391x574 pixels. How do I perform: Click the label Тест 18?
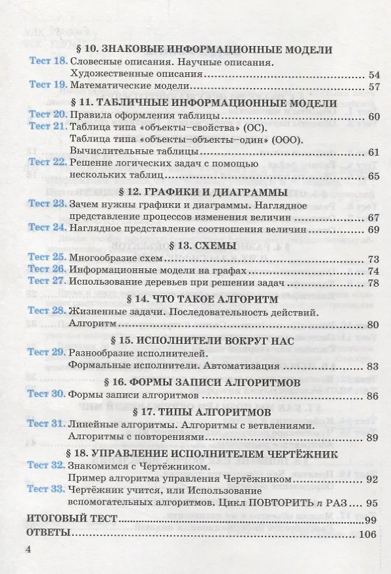(48, 62)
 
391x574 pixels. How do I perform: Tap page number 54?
(375, 74)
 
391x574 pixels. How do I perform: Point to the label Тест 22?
(48, 162)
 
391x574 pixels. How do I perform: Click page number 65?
(375, 176)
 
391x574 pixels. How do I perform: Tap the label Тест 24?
(48, 228)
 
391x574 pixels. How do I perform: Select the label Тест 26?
(48, 270)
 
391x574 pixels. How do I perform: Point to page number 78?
(375, 283)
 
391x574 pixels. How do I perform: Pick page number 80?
(375, 324)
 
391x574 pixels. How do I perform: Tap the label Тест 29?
(48, 353)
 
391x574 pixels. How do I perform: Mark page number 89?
(375, 437)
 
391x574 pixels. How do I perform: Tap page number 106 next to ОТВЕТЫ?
(368, 533)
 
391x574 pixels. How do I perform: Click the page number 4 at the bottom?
(28, 550)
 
